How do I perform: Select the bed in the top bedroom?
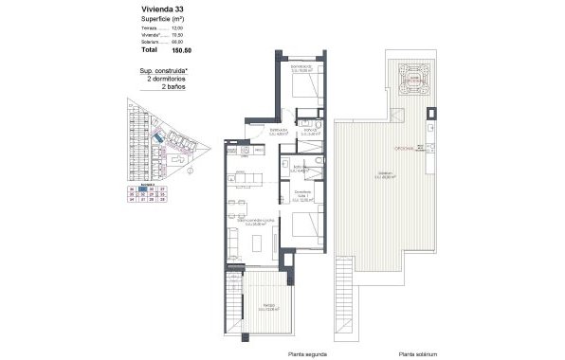pyautogui.click(x=304, y=86)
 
